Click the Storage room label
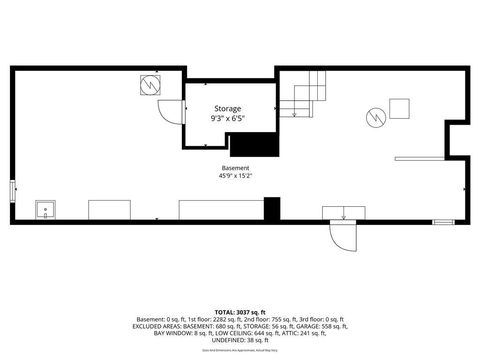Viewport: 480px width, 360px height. coord(227,109)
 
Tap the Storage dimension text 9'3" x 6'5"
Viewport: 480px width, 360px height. coord(227,119)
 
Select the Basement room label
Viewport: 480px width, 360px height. coord(235,168)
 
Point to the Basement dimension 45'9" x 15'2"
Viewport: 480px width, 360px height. coord(235,176)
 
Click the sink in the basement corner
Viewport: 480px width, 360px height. coord(45,210)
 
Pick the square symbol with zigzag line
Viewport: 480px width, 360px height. coord(150,85)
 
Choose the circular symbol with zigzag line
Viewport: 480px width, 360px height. coord(376,118)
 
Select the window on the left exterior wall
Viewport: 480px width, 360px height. coord(13,191)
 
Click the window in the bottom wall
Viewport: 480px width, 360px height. coord(443,222)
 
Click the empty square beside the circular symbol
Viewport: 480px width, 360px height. coord(399,109)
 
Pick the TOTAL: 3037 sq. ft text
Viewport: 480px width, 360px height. coord(240,313)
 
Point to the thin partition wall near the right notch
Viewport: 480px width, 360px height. coord(420,159)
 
